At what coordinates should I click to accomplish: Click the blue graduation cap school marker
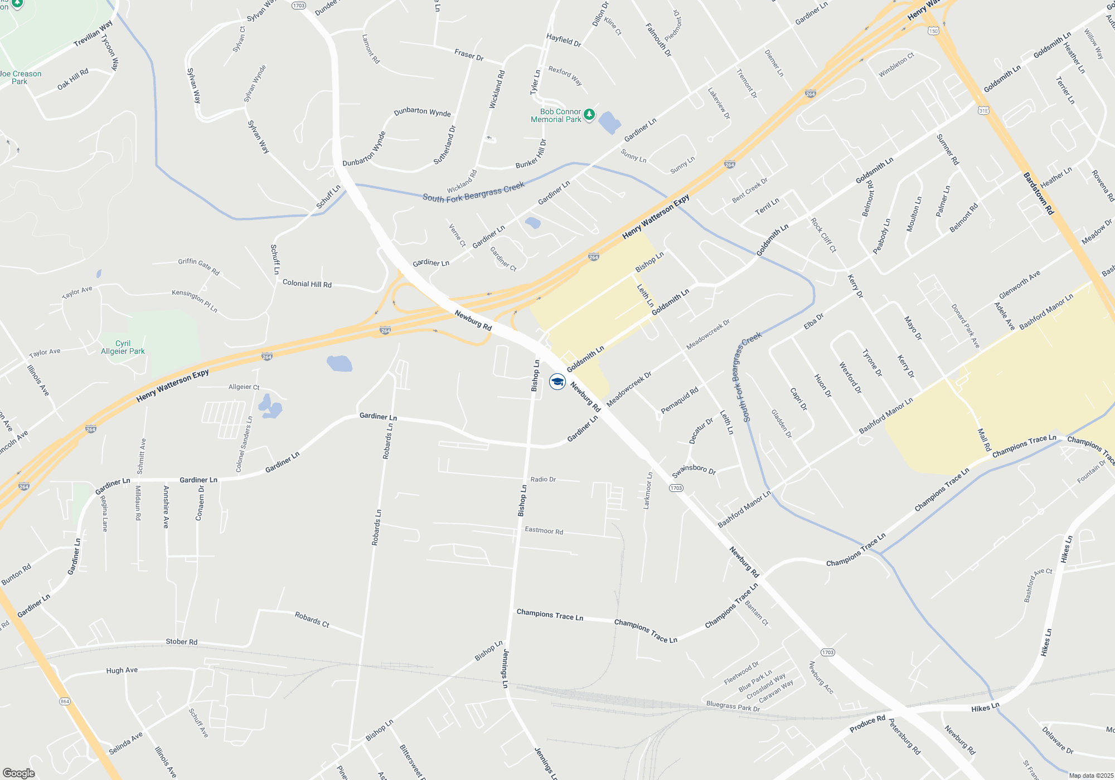tap(557, 382)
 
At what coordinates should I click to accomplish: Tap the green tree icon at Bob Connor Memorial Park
tap(589, 115)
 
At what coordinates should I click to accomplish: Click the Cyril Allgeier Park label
tap(123, 347)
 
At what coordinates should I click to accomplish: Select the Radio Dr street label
tap(543, 479)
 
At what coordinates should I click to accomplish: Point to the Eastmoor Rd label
tap(544, 530)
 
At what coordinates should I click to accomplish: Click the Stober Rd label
tap(181, 642)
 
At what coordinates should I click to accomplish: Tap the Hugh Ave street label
tap(122, 670)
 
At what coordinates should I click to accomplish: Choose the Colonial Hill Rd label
tap(307, 284)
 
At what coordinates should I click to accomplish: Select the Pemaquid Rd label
tap(679, 401)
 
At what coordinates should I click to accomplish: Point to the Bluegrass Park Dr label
tap(733, 706)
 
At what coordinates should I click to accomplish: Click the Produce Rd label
tap(867, 724)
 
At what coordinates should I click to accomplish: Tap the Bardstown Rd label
tap(1038, 193)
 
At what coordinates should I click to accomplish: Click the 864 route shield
tap(65, 701)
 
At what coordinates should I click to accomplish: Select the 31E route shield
tap(983, 111)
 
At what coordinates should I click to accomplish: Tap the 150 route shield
tap(933, 31)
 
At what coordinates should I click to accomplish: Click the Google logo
tap(18, 773)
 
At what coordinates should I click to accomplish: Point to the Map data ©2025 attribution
tap(1090, 776)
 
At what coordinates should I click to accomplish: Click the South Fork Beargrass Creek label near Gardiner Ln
tap(473, 192)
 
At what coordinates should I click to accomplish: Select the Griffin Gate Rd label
tap(198, 266)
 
